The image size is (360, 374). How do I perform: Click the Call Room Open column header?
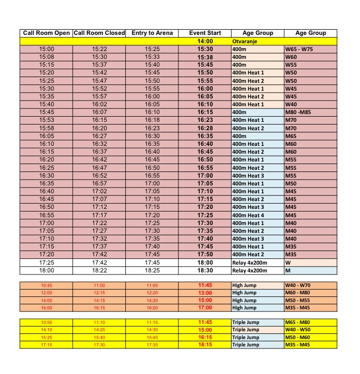47,33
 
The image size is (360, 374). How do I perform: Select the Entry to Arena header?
152,33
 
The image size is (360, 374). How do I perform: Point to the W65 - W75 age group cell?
299,49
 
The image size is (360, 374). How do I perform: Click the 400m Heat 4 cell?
248,215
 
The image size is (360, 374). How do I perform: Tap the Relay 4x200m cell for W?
249,263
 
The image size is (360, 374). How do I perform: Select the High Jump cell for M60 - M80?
245,293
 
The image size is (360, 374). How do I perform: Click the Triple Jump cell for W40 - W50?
246,330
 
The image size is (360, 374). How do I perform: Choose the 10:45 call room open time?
47,285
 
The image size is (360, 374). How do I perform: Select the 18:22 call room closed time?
99,270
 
